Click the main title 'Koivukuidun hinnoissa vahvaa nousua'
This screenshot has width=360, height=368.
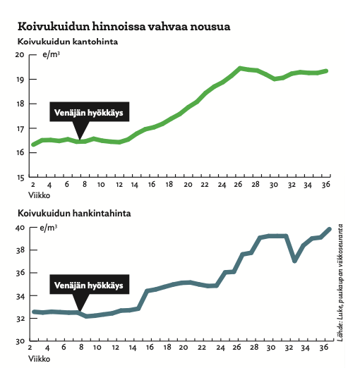pyautogui.click(x=124, y=26)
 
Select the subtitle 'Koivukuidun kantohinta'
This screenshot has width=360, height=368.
pyautogui.click(x=68, y=42)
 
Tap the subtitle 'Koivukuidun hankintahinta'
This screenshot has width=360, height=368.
pyautogui.click(x=74, y=214)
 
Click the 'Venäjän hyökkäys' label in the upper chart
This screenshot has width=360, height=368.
pyautogui.click(x=88, y=113)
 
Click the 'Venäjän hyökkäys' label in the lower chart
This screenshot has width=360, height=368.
pyautogui.click(x=88, y=286)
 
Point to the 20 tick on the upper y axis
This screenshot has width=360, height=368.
pyautogui.click(x=20, y=54)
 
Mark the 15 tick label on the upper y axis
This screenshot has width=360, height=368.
pyautogui.click(x=20, y=178)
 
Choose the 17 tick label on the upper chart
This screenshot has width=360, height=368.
pyautogui.click(x=20, y=129)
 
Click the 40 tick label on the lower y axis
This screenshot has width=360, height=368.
pyautogui.click(x=20, y=228)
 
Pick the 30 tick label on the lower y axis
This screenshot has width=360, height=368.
pyautogui.click(x=20, y=341)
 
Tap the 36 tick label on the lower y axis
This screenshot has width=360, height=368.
pyautogui.click(x=20, y=273)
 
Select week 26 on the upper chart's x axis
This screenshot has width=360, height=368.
pyautogui.click(x=238, y=185)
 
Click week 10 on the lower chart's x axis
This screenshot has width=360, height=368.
pyautogui.click(x=97, y=348)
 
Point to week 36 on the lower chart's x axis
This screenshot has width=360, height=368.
pyautogui.click(x=324, y=348)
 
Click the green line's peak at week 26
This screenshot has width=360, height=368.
pyautogui.click(x=240, y=68)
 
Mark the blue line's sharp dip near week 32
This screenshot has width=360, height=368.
pyautogui.click(x=294, y=260)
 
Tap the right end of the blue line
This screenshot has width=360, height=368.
pyautogui.click(x=329, y=229)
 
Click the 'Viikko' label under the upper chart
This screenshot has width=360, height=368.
pyautogui.click(x=39, y=195)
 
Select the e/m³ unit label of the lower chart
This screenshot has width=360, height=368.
pyautogui.click(x=49, y=228)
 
